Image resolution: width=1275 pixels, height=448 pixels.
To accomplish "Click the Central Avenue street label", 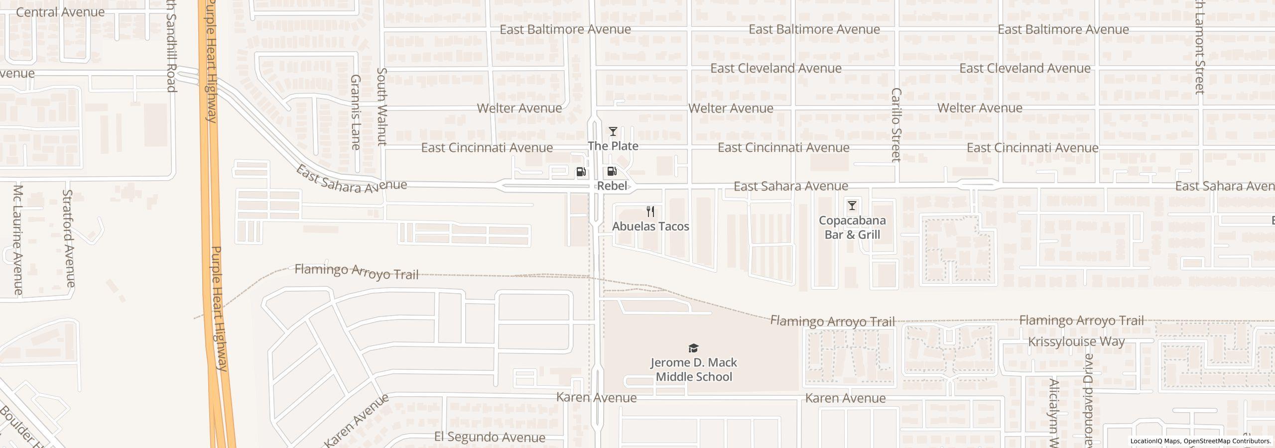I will coord(60,12).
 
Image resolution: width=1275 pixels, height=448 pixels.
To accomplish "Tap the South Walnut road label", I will coord(382,113).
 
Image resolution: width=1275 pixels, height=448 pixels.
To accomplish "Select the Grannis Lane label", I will coord(356,112).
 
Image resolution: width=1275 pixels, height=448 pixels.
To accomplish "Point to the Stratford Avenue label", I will coord(69,238).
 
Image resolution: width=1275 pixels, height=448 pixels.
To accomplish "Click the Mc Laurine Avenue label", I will coord(18,239).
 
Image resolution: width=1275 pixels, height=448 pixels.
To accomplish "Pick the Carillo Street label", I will coord(896,125).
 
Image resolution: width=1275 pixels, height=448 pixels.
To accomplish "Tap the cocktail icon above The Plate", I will coord(613,131).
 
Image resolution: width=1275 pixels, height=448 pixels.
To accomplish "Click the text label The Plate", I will coord(613,146).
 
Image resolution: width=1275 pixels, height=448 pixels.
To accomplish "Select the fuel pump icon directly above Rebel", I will coord(612,172).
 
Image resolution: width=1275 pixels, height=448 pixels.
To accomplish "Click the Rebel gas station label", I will coord(612,186).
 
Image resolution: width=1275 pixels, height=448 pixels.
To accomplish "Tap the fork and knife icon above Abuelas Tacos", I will coord(650,211).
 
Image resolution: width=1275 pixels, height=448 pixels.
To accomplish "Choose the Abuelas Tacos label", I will coord(650,226).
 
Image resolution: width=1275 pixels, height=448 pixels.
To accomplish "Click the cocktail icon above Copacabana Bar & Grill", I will coord(852,205).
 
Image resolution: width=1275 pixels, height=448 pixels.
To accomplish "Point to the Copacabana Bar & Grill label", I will coord(852,227).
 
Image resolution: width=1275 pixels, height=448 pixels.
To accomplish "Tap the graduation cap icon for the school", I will coord(693,348).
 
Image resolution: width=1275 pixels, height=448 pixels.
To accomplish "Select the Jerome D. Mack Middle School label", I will coord(693,369).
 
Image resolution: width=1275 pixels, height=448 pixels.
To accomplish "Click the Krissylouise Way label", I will coord(1076,341).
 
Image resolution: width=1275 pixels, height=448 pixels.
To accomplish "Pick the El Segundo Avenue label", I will coord(490,437).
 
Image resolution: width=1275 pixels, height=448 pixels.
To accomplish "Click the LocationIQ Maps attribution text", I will coord(1155,441).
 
